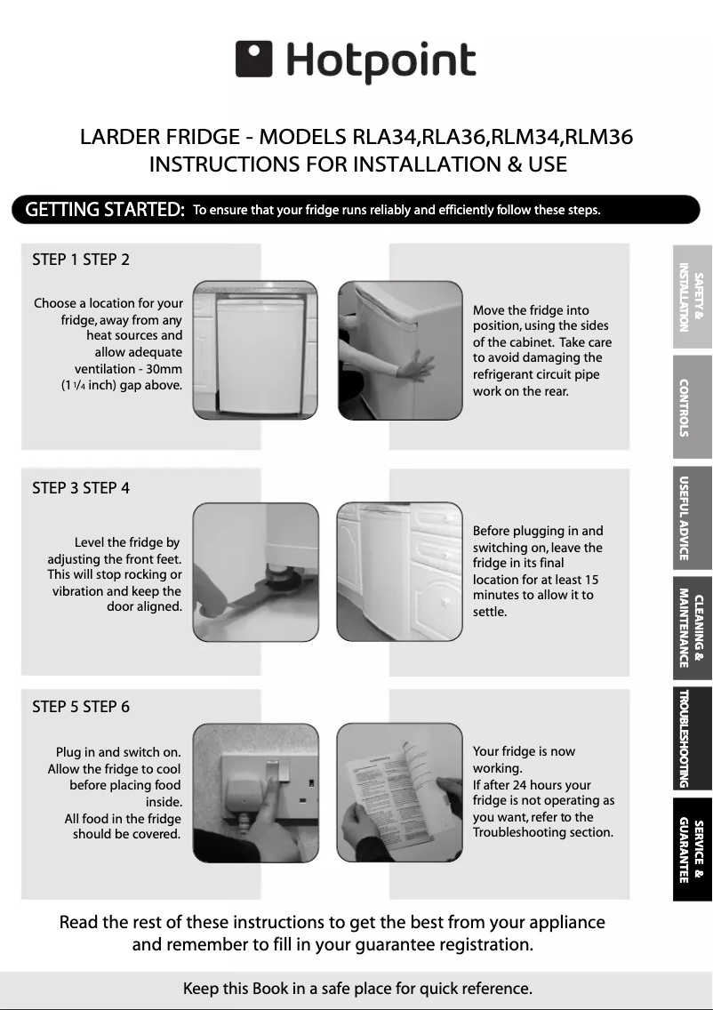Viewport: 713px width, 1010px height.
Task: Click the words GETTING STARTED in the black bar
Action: pos(105,210)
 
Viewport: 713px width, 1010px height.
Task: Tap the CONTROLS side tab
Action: pos(692,406)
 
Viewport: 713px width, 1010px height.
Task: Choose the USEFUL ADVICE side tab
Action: pos(692,517)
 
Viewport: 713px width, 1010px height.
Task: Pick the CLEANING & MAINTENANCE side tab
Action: pos(692,628)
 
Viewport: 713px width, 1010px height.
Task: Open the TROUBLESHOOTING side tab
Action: pos(692,738)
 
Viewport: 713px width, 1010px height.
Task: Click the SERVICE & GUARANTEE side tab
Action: pos(692,850)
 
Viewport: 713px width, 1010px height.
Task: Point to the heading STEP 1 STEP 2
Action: pos(81,260)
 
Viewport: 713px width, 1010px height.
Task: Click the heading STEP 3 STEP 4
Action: pos(81,488)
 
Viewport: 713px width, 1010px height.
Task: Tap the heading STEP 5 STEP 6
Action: pos(81,707)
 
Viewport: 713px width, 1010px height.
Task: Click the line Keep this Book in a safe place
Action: pos(356,989)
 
